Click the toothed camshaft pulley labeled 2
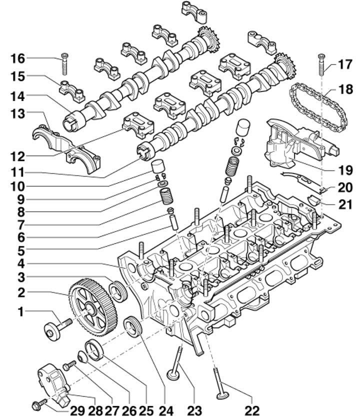92,308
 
